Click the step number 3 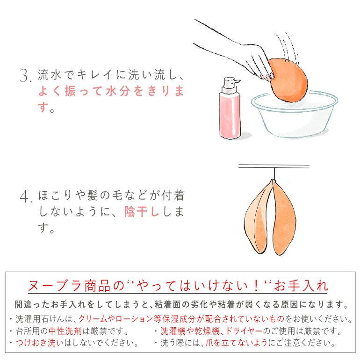25,75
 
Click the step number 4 25,196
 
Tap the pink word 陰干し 142,211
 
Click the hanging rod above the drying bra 274,166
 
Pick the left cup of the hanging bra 258,218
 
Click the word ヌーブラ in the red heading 55,286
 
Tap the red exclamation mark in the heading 257,286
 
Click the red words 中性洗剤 65,331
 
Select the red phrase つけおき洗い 40,343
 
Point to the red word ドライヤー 244,331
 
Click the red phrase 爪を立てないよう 237,343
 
